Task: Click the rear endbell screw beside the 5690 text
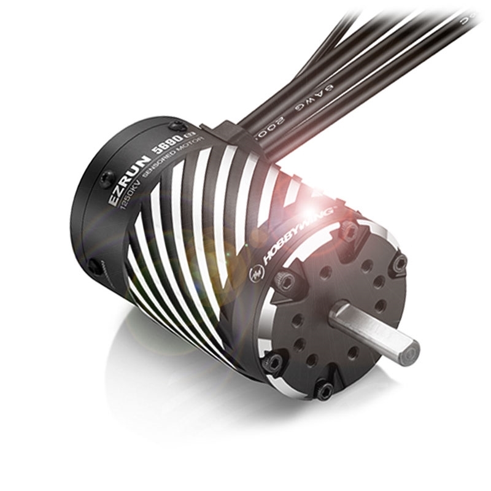[x=179, y=125]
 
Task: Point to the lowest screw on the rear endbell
[x=94, y=265]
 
